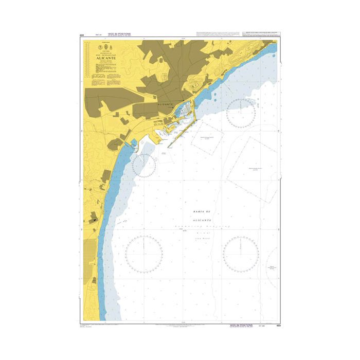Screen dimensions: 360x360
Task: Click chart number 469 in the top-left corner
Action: pyautogui.click(x=82, y=35)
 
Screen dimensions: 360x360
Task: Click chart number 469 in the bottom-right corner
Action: pyautogui.click(x=278, y=326)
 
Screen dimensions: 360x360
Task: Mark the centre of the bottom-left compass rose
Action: pyautogui.click(x=143, y=254)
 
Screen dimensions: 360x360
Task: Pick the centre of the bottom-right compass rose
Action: pyautogui.click(x=241, y=254)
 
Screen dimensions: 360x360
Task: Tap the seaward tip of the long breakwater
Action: pyautogui.click(x=169, y=148)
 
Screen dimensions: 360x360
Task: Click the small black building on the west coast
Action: pyautogui.click(x=94, y=220)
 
